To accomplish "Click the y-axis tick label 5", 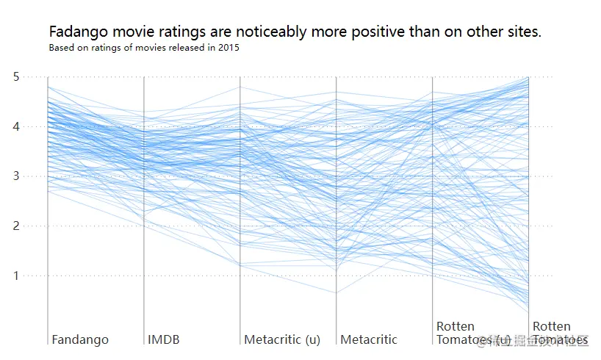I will click(x=35, y=76).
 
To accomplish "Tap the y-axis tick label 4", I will click(x=35, y=126).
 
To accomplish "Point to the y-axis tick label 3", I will click(x=35, y=176).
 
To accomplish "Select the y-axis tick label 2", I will click(x=35, y=226).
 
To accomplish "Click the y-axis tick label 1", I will click(x=35, y=276).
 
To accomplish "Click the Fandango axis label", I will click(x=80, y=339).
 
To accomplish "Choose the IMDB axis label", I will click(x=163, y=339).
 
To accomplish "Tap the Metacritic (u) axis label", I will click(x=282, y=339).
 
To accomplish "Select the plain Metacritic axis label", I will click(x=369, y=339).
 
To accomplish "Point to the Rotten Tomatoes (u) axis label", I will click(x=464, y=333).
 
